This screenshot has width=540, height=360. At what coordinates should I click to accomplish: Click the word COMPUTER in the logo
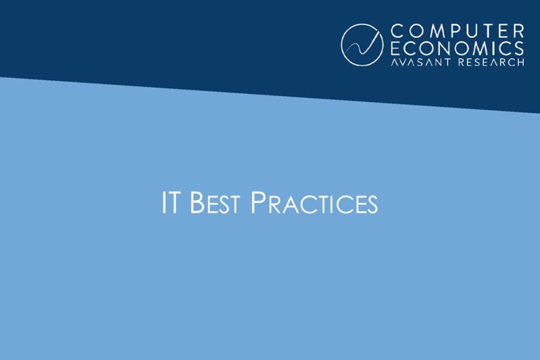point(456,32)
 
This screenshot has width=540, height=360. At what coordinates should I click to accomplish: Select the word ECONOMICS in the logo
point(457,48)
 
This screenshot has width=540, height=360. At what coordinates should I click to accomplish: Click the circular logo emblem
point(362,45)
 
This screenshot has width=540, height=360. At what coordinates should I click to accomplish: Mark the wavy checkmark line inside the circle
point(362,46)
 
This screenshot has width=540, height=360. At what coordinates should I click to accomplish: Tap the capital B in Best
point(196,203)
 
